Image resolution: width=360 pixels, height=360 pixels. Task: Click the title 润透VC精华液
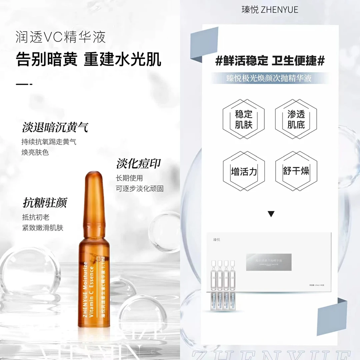[61, 37]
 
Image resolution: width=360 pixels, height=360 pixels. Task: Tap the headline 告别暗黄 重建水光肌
[89, 60]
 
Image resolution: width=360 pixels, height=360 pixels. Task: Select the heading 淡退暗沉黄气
[55, 127]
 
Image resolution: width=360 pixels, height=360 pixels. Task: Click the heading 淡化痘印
[138, 164]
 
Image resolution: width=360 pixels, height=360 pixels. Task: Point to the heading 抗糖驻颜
[45, 202]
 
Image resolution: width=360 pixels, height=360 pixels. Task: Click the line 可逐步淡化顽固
[140, 188]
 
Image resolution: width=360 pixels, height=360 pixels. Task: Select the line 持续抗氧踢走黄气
[49, 142]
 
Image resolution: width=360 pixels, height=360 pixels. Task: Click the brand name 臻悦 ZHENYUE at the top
[270, 9]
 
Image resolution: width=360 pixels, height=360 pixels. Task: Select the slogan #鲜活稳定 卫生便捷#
[270, 61]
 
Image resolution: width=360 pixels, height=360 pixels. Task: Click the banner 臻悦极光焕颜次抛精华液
[269, 78]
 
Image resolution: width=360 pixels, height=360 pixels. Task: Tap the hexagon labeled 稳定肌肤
[244, 119]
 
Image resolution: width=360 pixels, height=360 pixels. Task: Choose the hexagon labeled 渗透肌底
[296, 119]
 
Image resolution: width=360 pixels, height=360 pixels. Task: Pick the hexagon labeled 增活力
[244, 171]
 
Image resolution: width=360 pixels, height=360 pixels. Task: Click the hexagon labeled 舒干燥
[296, 171]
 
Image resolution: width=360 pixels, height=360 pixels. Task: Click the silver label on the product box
[268, 262]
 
